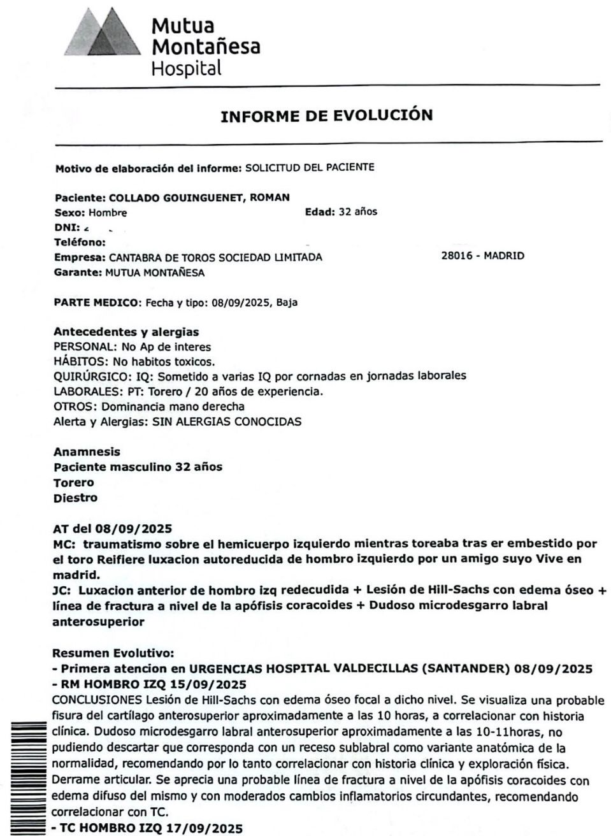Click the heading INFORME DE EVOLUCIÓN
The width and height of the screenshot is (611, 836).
point(326,116)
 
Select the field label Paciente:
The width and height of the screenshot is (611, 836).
point(81,198)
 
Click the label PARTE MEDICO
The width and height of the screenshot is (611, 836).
point(96,303)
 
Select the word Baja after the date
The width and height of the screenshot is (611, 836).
point(287,303)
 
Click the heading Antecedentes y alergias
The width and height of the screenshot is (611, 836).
point(126,332)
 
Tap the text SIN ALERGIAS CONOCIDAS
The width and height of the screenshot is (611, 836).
point(227,422)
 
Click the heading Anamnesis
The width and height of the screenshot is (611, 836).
point(87,452)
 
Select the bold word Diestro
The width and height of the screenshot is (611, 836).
point(76,498)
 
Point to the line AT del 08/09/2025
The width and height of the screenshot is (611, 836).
point(113,529)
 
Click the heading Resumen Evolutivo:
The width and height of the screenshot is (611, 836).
point(113,654)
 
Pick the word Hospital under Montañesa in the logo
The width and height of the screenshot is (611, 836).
point(186,68)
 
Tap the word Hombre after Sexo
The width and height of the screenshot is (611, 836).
point(108,213)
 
